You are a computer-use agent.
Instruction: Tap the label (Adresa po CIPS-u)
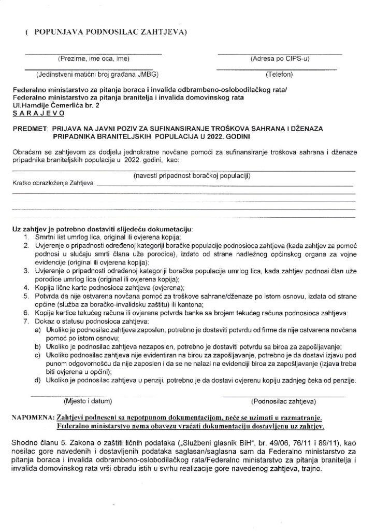coord(280,58)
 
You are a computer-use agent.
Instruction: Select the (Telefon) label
coord(280,74)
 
